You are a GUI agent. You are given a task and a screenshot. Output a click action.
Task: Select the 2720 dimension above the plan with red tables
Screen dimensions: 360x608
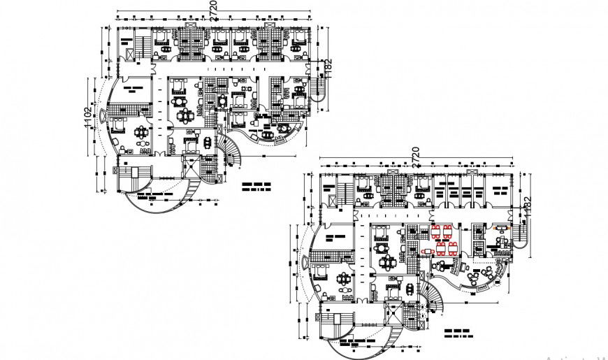(x=415, y=155)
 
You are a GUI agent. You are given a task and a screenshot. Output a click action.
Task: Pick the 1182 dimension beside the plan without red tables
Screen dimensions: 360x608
(x=328, y=69)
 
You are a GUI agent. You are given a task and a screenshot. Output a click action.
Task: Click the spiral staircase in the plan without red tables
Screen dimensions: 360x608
(x=231, y=152)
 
